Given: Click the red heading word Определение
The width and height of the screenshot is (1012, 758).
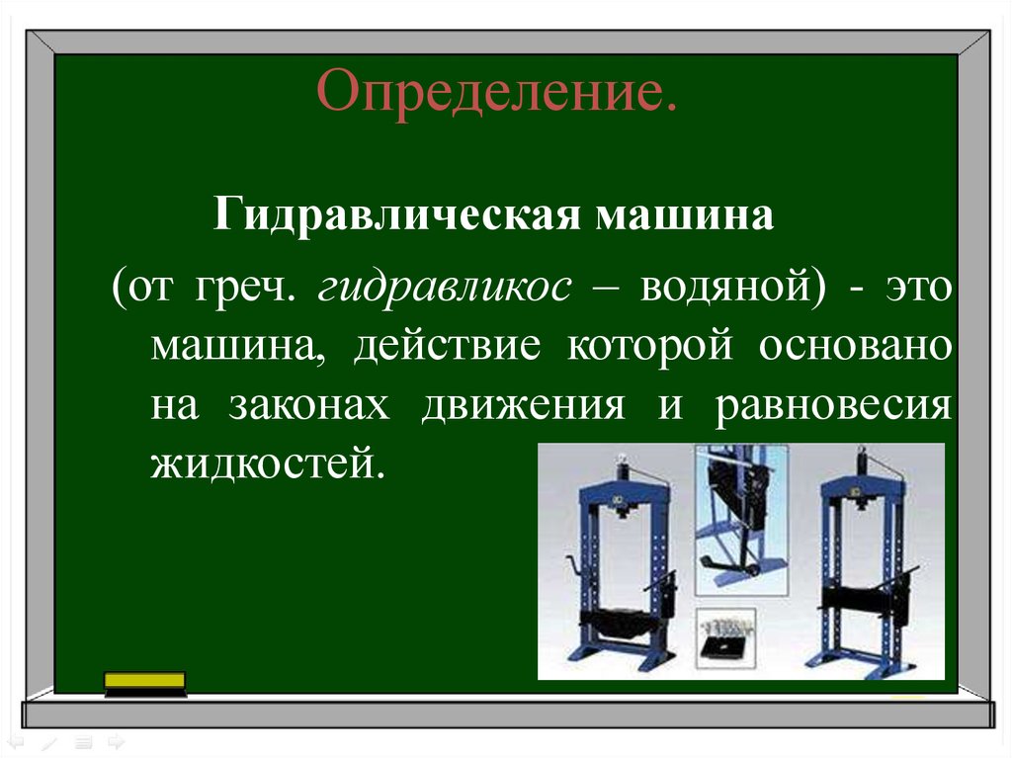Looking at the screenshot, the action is coord(496,92).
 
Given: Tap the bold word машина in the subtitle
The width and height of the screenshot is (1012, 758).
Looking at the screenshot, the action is coord(684,216).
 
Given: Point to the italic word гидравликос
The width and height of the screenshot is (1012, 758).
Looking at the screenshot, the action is coord(445,289).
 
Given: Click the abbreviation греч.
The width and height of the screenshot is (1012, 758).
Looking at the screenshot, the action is coord(245,289).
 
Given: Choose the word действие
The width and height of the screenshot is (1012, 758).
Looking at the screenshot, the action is coord(448,347).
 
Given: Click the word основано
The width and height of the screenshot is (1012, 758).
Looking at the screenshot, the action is coord(855,347).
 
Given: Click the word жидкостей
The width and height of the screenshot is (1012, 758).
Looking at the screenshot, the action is coord(268,463).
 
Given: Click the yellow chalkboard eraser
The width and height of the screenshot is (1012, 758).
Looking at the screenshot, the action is coord(145,684).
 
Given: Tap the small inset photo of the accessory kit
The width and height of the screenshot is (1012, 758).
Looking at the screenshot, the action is coord(726,638).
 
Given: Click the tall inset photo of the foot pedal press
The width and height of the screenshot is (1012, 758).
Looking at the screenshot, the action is coord(741,520).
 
